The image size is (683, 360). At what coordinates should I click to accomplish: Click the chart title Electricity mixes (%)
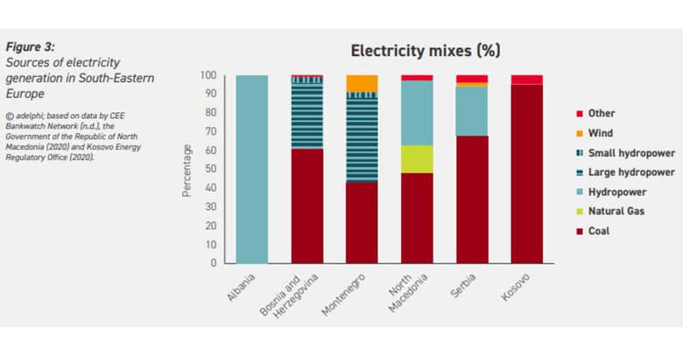click(425, 50)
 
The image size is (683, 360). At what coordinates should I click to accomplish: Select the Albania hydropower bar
click(252, 169)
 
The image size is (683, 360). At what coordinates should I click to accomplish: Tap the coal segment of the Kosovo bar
click(526, 173)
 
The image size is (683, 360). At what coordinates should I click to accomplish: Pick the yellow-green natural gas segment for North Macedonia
click(417, 159)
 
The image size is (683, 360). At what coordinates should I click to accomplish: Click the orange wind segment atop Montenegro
click(363, 83)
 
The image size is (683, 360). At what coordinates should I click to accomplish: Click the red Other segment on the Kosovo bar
click(526, 80)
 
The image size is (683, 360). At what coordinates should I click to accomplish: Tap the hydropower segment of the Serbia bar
click(472, 110)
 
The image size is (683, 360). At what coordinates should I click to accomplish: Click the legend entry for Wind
click(601, 132)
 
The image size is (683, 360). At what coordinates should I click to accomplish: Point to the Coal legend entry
click(599, 231)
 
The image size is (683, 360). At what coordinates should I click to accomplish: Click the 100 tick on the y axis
click(208, 75)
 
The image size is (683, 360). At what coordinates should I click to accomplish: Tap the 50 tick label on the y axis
click(210, 169)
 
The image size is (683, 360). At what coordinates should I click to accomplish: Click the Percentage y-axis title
click(187, 169)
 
